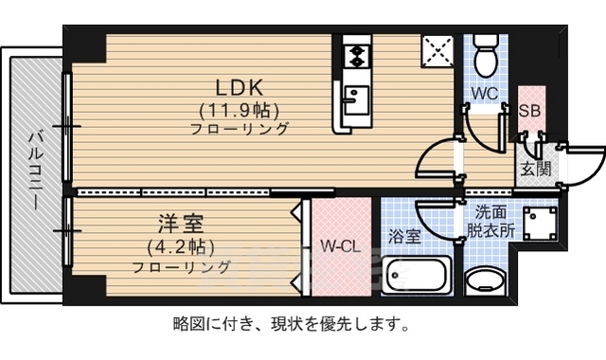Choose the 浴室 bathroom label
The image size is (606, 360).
tap(405, 236)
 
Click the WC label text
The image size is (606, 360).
tap(484, 93)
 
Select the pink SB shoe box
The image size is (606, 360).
tap(531, 110)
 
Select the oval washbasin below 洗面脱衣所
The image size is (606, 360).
tap(489, 281)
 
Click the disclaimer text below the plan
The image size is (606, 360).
tap(291, 324)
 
